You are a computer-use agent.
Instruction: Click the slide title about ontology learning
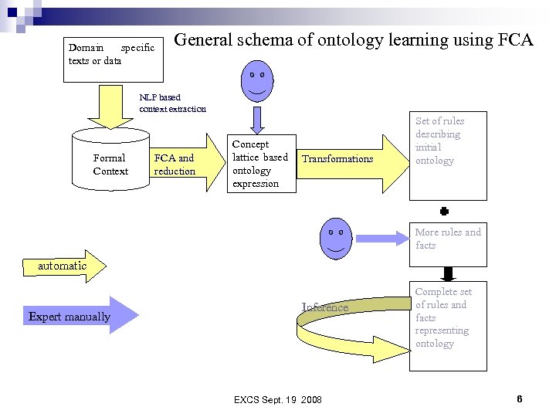click(354, 40)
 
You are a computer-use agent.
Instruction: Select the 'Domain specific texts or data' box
click(115, 57)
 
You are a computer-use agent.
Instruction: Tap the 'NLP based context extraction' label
click(172, 103)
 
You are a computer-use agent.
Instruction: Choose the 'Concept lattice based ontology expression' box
click(261, 164)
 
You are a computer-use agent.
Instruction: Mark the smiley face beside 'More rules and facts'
click(335, 236)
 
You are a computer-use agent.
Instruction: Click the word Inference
click(325, 307)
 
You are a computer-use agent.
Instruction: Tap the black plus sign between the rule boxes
click(445, 210)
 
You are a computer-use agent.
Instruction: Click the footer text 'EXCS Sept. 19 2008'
click(277, 399)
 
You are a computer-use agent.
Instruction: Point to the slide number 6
click(520, 398)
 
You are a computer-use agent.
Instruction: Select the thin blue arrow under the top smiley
click(257, 119)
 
